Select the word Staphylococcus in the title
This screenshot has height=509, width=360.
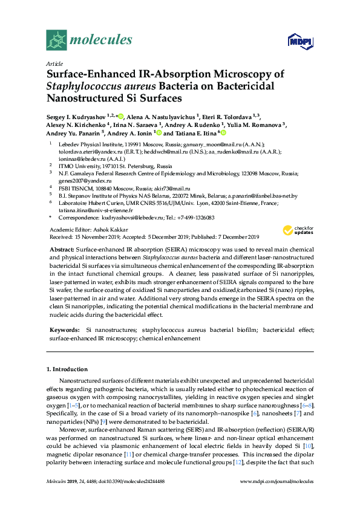tap(85, 85)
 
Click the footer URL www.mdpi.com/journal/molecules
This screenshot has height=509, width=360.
tap(277, 481)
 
